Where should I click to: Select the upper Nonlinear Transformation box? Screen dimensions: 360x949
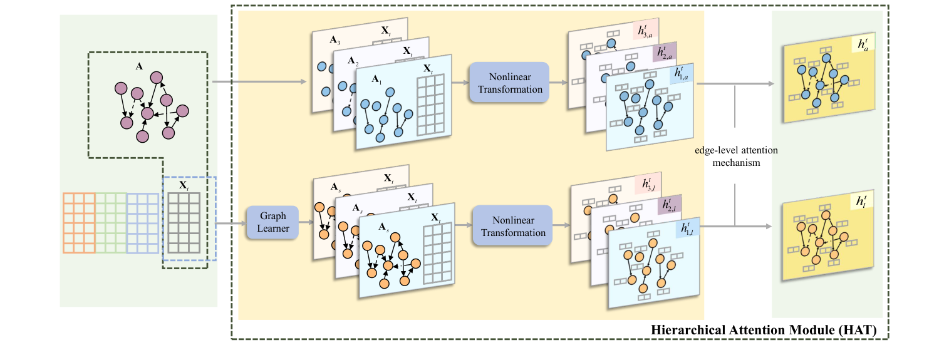(509, 83)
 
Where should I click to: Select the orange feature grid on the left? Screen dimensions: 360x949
(79, 222)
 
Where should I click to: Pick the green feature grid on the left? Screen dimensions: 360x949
(111, 222)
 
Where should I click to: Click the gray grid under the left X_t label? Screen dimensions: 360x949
(182, 222)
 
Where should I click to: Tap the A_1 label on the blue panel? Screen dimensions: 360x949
(376, 80)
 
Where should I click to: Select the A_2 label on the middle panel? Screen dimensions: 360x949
(355, 63)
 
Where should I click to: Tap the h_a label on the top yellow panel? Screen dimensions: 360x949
(862, 45)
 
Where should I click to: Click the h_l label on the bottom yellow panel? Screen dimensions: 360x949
(862, 202)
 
